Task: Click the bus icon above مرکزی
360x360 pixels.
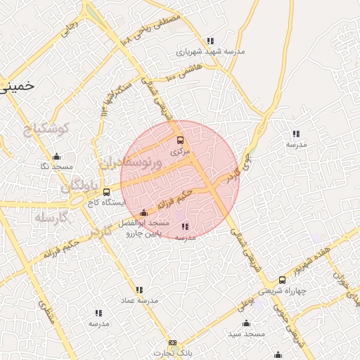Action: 179,140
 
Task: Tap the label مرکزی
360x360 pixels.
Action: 180,150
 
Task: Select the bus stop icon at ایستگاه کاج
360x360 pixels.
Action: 106,191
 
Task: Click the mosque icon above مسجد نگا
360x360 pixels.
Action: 57,156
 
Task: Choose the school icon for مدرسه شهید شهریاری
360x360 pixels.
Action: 210,41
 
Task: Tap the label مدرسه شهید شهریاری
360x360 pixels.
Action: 210,51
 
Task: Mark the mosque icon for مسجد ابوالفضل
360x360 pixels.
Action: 144,212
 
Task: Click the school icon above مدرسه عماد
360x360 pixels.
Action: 139,290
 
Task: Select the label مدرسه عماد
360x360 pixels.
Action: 139,300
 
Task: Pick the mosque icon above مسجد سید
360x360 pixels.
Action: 246,323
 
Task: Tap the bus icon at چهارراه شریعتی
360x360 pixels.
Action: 283,280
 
